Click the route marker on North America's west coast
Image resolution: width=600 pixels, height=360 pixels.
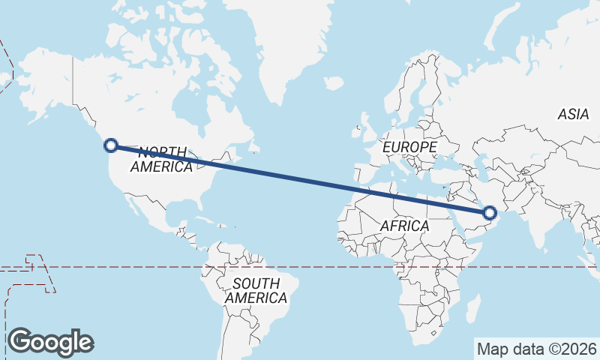coord(111,145)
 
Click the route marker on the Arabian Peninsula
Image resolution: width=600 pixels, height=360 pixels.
coord(490,214)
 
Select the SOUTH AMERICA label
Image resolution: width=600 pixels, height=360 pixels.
coord(256,291)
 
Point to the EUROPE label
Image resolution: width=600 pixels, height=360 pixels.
coord(409,148)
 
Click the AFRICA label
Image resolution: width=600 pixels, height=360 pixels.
coord(404,226)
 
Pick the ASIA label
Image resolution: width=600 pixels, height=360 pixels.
coord(573,115)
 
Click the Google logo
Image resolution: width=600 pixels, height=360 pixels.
coord(50,342)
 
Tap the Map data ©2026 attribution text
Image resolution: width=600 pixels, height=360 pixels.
coord(537,349)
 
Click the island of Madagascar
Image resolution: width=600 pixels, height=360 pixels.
coord(472,307)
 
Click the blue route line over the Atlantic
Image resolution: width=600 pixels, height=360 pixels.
coord(300,179)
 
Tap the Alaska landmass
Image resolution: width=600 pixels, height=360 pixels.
coord(45,82)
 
